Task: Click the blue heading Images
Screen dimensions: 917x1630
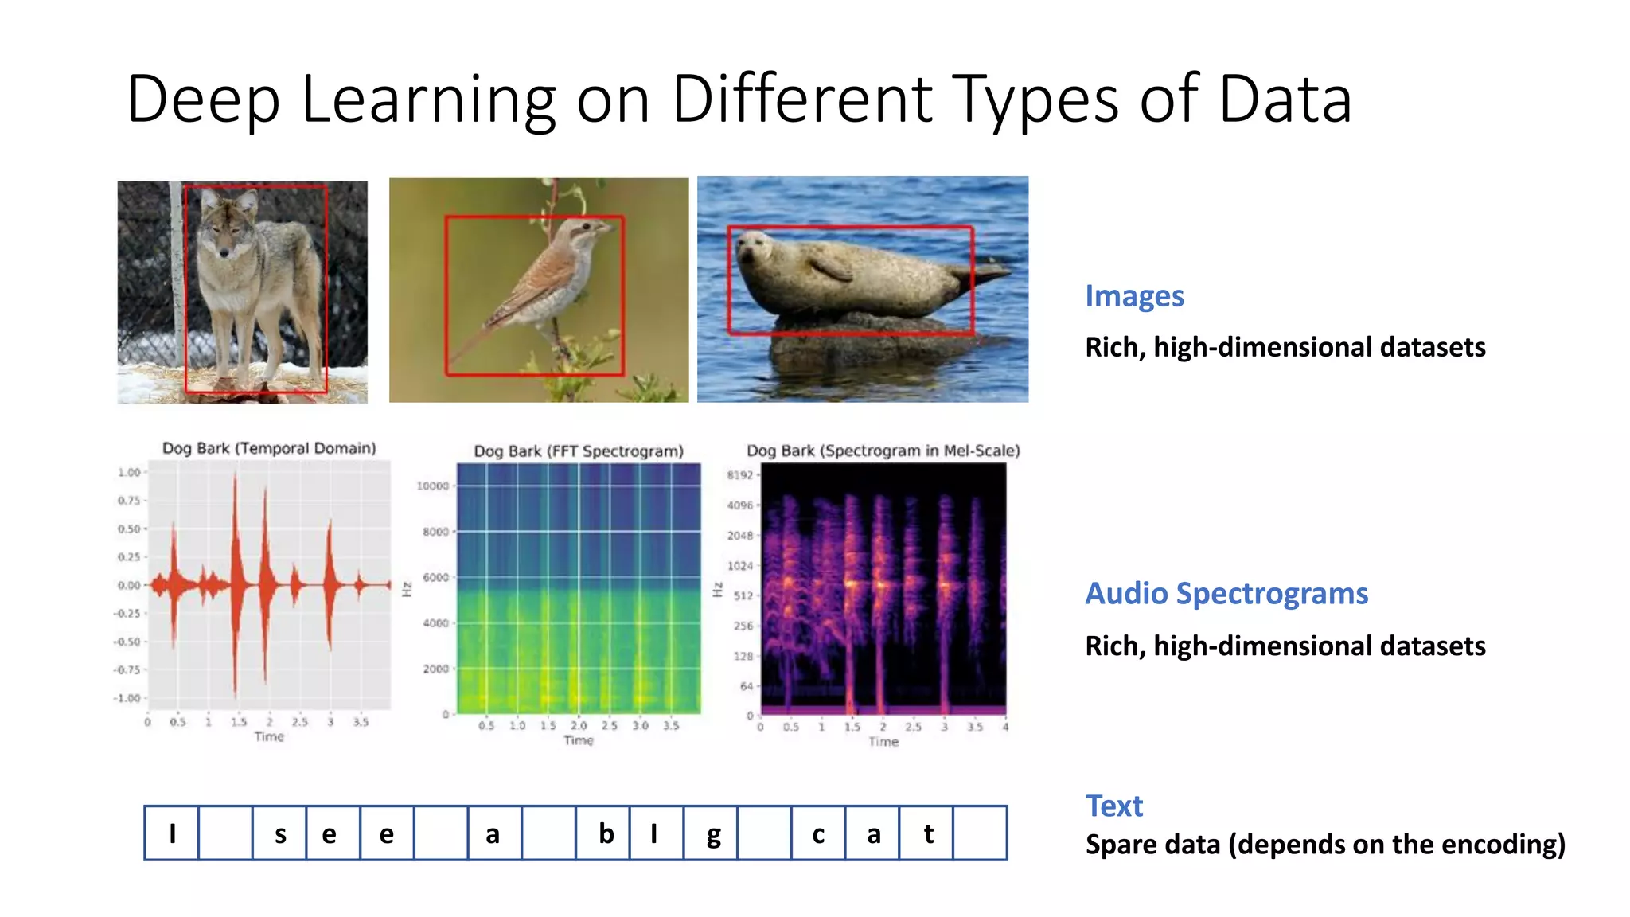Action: pos(1134,296)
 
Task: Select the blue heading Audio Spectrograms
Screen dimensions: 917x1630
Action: pos(1226,594)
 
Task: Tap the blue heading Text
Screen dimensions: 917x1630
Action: pos(1113,806)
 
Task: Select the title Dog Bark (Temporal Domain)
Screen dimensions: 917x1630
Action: pos(269,448)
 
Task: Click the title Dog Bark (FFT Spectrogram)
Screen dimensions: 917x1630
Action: pos(578,451)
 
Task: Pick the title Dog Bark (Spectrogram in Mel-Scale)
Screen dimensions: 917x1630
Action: pos(883,451)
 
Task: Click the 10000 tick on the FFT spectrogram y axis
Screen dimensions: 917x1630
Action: pos(433,486)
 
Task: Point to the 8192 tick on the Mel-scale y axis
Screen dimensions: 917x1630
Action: pos(739,475)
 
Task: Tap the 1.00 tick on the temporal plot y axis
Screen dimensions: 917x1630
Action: pos(129,472)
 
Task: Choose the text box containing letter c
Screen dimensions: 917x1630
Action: pos(818,833)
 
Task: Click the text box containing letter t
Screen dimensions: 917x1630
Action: pos(926,833)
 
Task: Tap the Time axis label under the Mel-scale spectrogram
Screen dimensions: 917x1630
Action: pos(883,742)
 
